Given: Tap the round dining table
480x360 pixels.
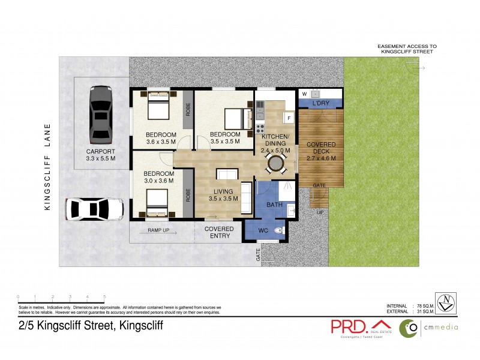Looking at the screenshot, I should (x=275, y=163).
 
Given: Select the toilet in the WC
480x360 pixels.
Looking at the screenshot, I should (x=278, y=231).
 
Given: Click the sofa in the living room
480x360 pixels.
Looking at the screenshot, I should (x=247, y=197).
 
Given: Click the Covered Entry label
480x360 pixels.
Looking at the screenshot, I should (x=220, y=232).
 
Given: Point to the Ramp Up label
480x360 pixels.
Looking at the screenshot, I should (x=158, y=230).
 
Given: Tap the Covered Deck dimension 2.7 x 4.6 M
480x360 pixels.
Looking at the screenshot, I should (x=322, y=158).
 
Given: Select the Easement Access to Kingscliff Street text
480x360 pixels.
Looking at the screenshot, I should (x=407, y=49).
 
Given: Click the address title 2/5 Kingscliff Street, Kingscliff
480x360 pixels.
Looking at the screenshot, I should (x=90, y=326).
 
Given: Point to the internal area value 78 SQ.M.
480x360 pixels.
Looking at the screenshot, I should (x=427, y=306).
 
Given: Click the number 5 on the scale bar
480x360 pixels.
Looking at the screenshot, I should (x=105, y=297).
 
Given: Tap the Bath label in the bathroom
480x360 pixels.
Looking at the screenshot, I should (x=274, y=205).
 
